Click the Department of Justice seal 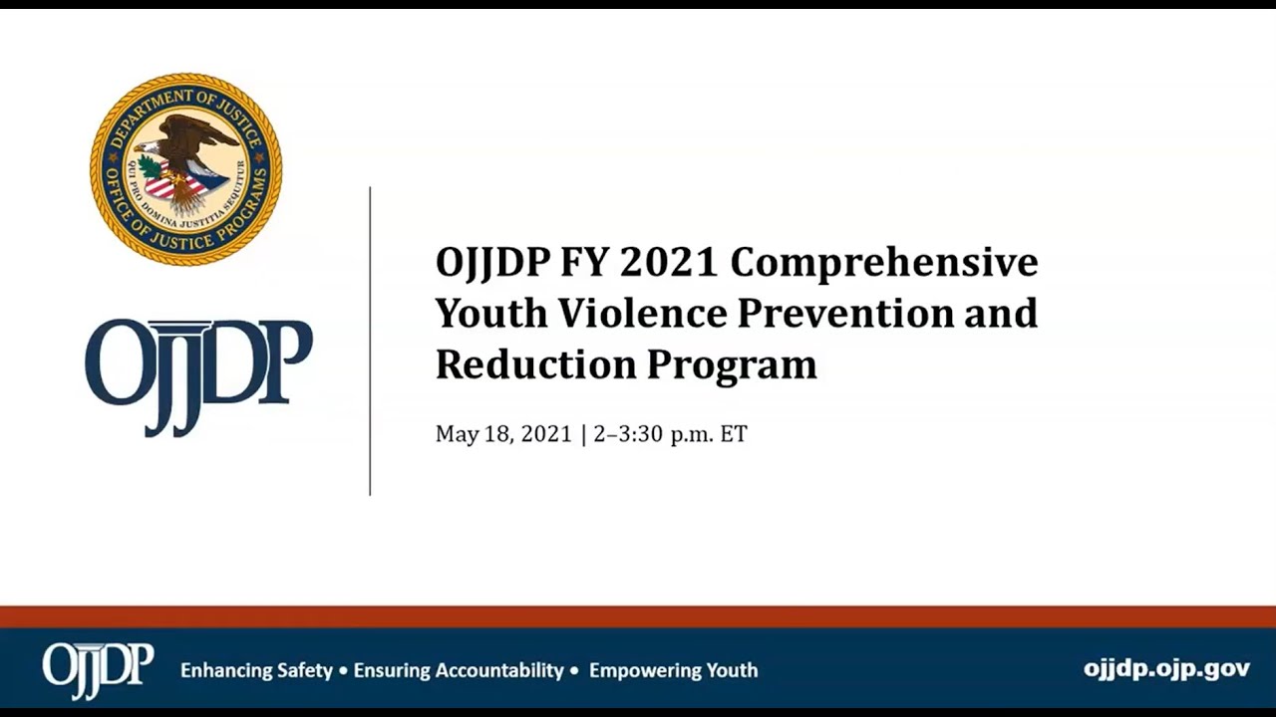click(186, 169)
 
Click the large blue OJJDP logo click(198, 374)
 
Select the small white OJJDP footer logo click(98, 668)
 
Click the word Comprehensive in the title click(884, 263)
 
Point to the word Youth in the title click(491, 313)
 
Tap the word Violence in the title click(642, 313)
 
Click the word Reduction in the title click(535, 363)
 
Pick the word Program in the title click(733, 364)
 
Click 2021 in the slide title click(668, 263)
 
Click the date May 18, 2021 click(503, 434)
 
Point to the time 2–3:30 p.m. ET click(670, 434)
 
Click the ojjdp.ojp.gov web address click(1166, 669)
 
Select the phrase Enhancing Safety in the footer click(256, 670)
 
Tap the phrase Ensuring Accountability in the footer click(459, 670)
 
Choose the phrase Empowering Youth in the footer click(673, 670)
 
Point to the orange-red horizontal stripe click(638, 616)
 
